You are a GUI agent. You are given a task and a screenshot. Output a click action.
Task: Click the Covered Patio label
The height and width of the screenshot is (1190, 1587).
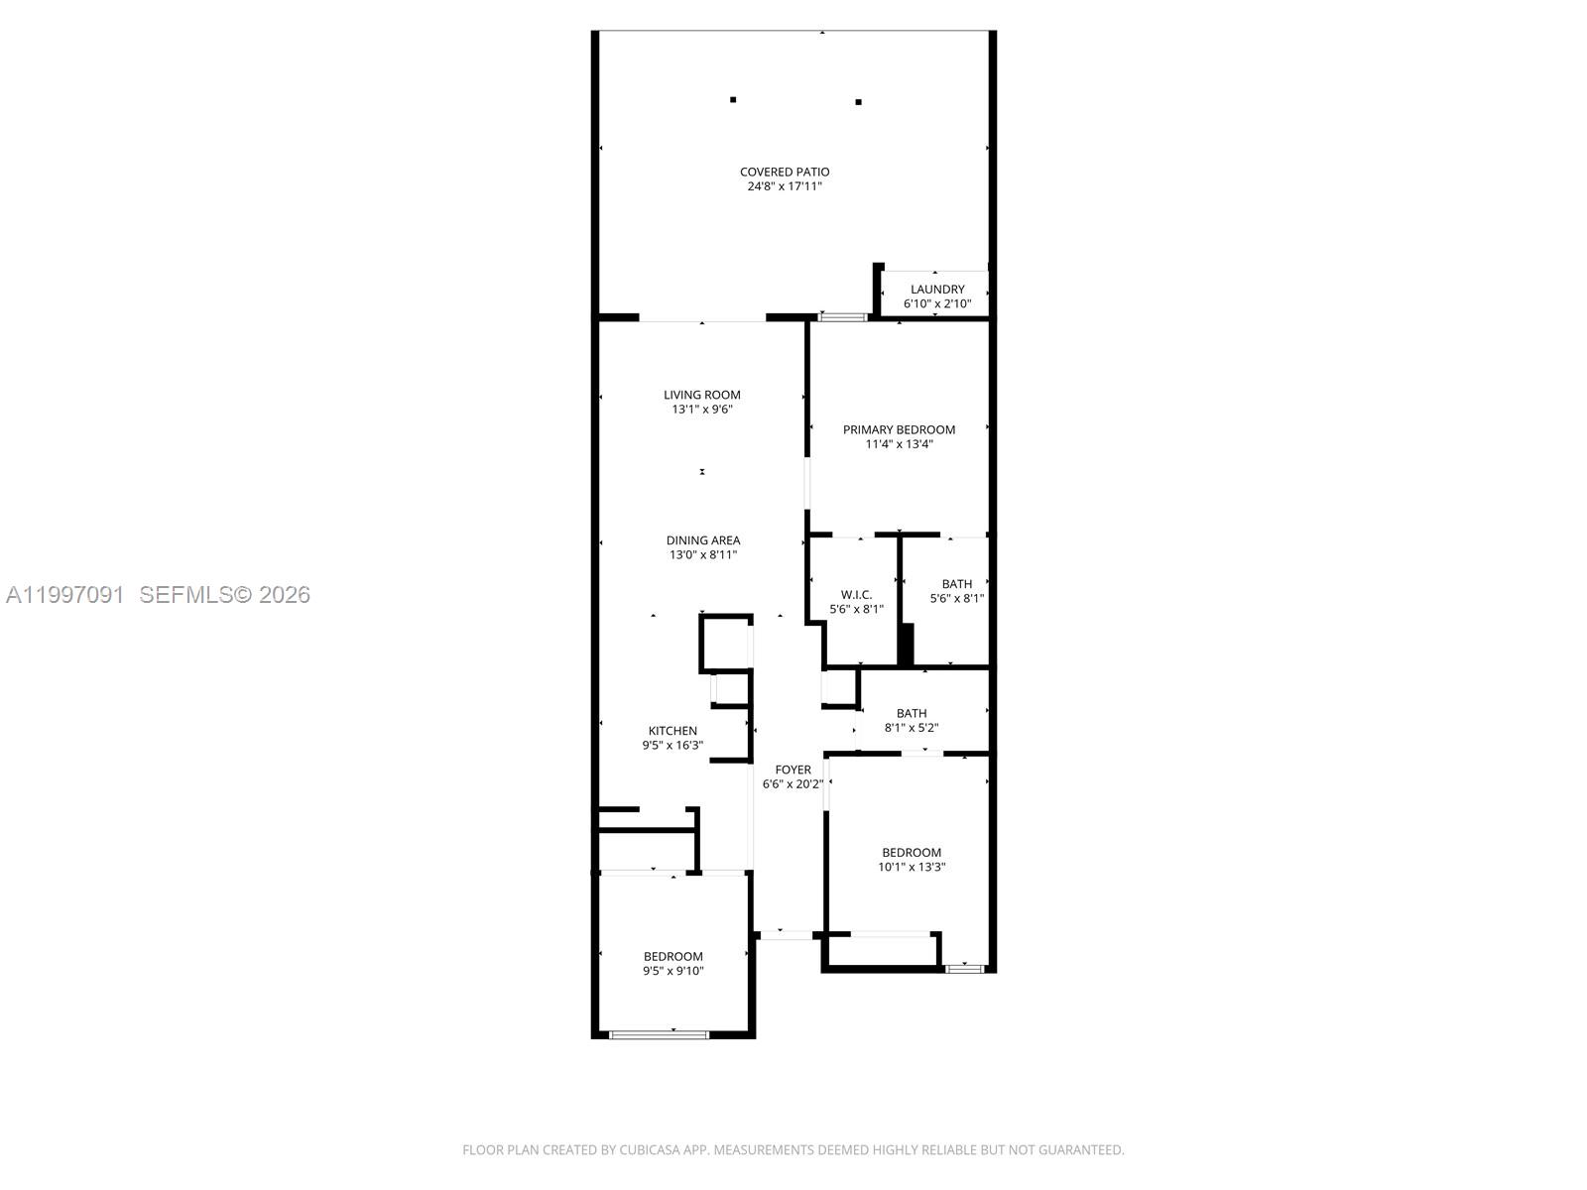click(x=784, y=172)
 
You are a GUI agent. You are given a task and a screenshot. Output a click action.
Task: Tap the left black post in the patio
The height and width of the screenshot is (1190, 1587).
click(x=733, y=99)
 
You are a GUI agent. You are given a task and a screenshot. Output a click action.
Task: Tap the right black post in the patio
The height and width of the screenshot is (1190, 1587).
click(x=858, y=101)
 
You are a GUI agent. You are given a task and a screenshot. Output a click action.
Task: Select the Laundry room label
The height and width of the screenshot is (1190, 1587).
click(x=937, y=290)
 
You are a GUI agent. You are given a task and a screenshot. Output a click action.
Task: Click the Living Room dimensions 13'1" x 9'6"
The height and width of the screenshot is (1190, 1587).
click(x=702, y=409)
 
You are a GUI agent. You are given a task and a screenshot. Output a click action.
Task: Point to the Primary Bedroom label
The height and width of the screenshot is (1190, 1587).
click(x=899, y=429)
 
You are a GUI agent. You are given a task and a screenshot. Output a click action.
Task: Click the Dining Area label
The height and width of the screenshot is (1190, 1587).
click(x=702, y=540)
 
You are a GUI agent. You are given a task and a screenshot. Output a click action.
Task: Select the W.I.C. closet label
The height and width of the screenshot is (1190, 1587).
click(x=855, y=595)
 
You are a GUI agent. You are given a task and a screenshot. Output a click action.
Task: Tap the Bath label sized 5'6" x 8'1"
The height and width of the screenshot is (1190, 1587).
click(x=956, y=584)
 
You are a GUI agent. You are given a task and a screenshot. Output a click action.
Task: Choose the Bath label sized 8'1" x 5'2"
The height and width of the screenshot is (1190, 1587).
click(x=911, y=713)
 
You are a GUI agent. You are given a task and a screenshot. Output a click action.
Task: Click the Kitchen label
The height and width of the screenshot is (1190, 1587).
click(x=672, y=731)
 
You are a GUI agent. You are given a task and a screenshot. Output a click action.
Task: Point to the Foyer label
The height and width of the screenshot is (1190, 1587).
click(x=793, y=770)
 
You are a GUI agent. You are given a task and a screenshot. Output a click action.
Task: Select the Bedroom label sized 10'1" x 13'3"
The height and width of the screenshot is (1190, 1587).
click(x=912, y=853)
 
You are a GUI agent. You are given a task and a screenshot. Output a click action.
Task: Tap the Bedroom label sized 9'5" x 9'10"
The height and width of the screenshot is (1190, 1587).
click(x=672, y=957)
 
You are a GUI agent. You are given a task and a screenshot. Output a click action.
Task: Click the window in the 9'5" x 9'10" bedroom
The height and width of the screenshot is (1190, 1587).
click(x=659, y=1034)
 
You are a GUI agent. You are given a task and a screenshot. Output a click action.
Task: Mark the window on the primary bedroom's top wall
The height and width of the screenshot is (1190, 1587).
click(x=842, y=317)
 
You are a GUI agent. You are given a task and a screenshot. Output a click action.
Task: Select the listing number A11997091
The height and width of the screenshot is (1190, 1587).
click(x=64, y=594)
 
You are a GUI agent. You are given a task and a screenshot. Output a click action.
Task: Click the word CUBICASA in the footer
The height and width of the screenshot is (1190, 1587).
click(x=650, y=1150)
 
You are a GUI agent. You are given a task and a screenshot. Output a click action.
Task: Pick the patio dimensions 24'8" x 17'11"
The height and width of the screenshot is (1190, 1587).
click(x=784, y=186)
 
